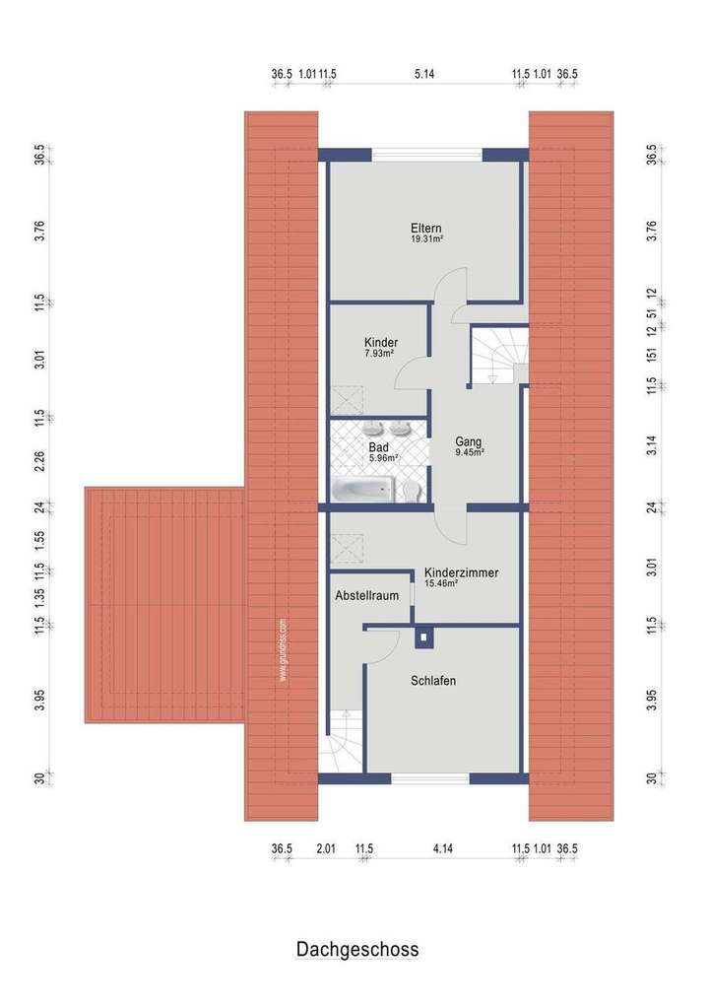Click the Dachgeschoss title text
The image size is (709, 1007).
[x=356, y=950]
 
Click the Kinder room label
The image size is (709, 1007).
[x=379, y=342]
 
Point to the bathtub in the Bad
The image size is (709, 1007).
[x=362, y=489]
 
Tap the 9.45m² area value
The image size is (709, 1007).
[x=470, y=453]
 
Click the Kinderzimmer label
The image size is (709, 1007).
[x=460, y=572]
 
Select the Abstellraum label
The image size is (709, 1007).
[x=365, y=596]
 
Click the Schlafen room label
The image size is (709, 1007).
[x=433, y=681]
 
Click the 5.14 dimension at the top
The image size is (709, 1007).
[x=424, y=74]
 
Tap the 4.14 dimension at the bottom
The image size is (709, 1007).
[x=442, y=848]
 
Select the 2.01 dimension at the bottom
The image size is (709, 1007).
[x=326, y=848]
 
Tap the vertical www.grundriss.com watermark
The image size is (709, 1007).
[x=283, y=650]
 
